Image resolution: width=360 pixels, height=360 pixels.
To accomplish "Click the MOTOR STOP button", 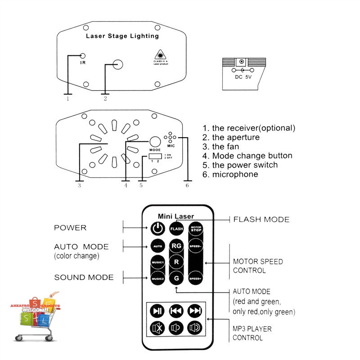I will (196, 228).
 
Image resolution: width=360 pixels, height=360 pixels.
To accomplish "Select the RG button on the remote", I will (176, 246).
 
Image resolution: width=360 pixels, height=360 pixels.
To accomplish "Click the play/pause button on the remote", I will (157, 310).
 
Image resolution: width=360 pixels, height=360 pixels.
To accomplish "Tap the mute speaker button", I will (157, 328).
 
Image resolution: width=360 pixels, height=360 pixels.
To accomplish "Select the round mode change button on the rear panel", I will (155, 141).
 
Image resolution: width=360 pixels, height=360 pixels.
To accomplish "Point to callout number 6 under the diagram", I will (187, 184).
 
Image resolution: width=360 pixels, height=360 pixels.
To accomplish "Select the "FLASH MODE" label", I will (261, 220).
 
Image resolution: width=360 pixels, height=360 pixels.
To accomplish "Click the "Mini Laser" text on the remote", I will (176, 216).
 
